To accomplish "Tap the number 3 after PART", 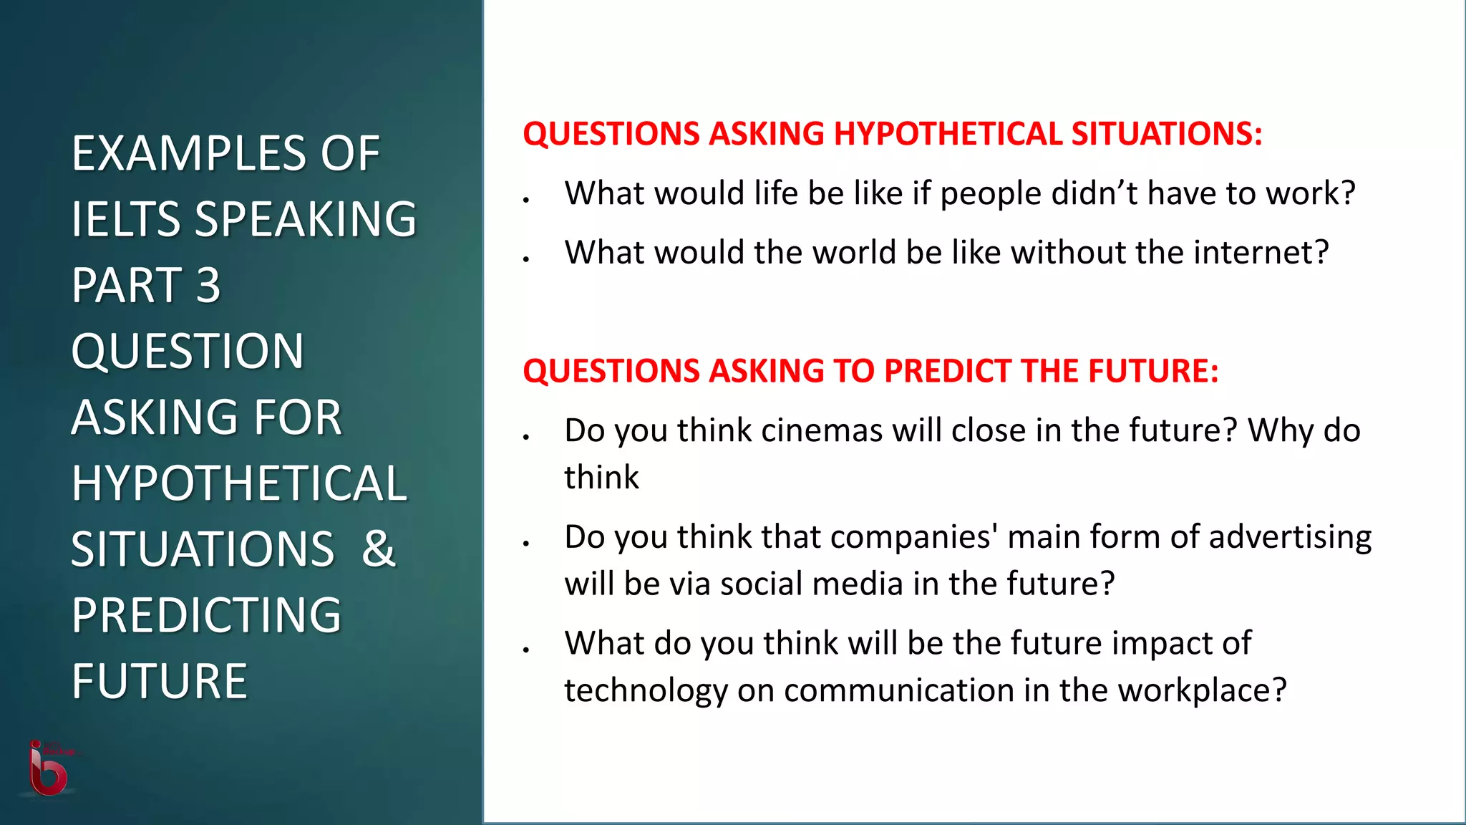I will (x=208, y=285).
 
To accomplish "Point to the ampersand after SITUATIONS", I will (x=378, y=549).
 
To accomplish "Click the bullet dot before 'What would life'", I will (x=525, y=200).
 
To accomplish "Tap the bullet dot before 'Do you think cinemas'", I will (x=525, y=436).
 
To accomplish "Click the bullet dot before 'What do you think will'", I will (x=525, y=650).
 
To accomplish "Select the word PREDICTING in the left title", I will (x=206, y=615).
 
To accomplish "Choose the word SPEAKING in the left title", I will (x=306, y=219).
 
